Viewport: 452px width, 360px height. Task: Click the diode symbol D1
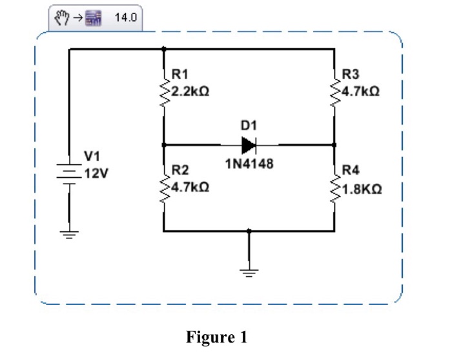click(x=249, y=145)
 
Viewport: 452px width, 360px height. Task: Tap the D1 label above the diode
click(x=249, y=123)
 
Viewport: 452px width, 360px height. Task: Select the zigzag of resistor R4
click(x=334, y=187)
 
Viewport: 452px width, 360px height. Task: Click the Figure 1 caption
click(x=216, y=337)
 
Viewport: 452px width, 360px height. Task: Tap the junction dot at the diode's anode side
click(x=164, y=145)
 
